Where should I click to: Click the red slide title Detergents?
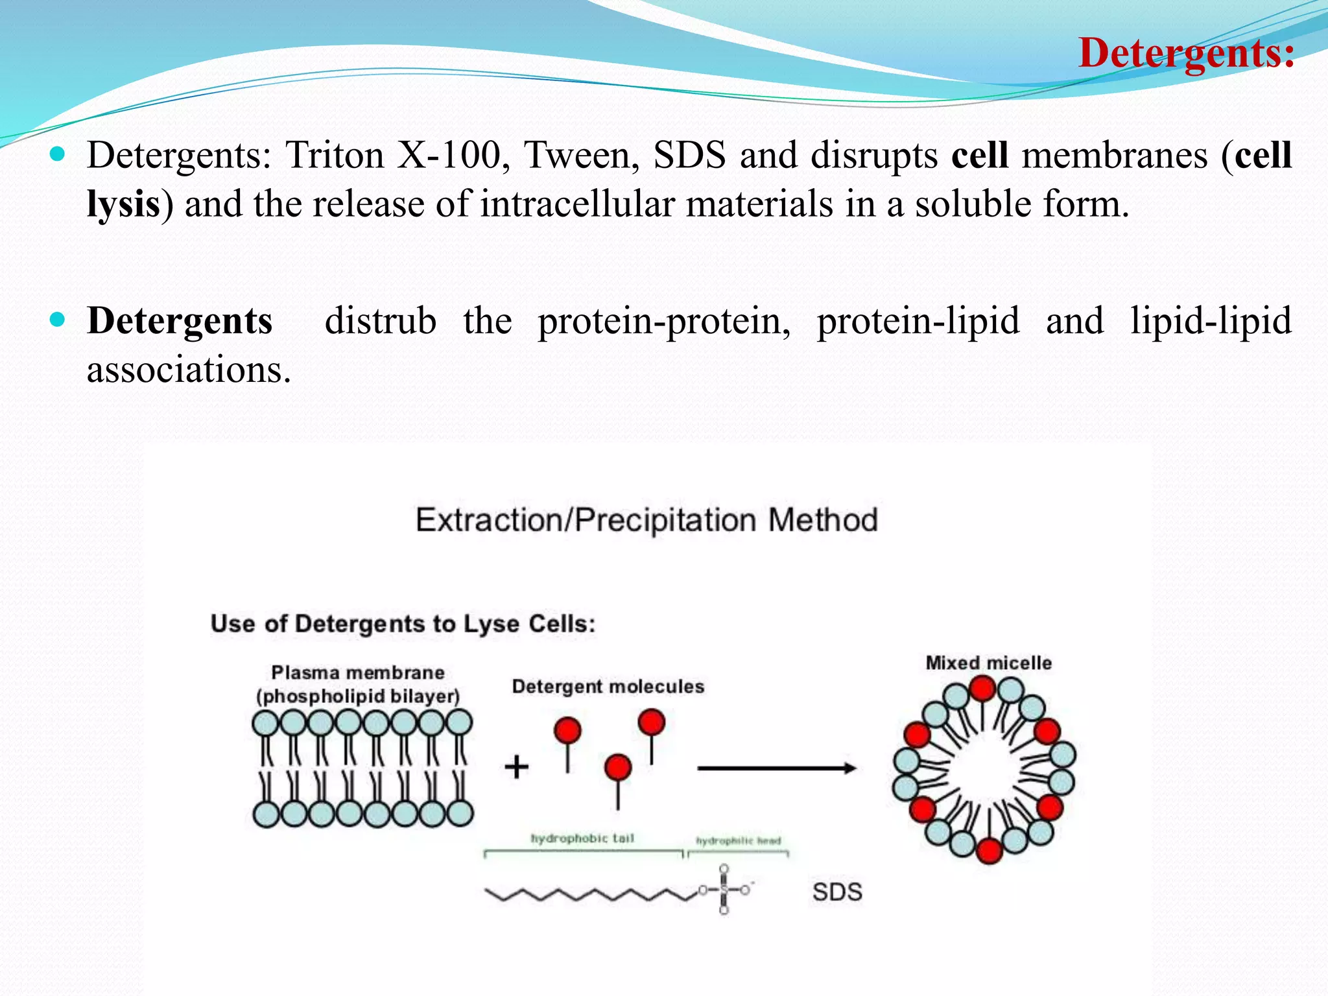[1186, 53]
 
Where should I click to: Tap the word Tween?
[581, 156]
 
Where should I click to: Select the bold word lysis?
[123, 205]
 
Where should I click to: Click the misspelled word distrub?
[380, 321]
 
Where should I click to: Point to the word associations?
[188, 370]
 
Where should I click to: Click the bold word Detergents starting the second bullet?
[180, 321]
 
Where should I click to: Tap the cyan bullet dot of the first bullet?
[58, 154]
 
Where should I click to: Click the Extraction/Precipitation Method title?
[646, 520]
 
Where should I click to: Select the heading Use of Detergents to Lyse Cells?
[403, 624]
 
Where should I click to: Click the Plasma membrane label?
[357, 672]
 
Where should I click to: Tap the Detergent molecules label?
[608, 686]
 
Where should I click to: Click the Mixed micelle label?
[988, 663]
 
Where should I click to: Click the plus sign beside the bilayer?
[517, 767]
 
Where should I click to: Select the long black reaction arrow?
[776, 768]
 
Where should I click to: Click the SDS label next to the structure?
[837, 892]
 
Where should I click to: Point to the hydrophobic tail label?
[582, 838]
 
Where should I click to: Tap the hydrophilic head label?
[738, 841]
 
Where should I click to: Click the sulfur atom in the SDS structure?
[724, 890]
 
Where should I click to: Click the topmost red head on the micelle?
[982, 688]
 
